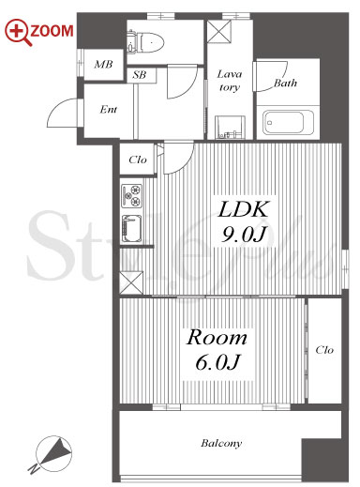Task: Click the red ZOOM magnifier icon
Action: click(18, 32)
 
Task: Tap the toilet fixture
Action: click(146, 42)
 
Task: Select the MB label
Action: click(103, 65)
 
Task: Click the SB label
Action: click(140, 75)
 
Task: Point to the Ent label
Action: click(109, 109)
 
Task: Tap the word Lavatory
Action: click(230, 81)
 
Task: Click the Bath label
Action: click(285, 84)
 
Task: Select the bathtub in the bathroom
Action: click(288, 122)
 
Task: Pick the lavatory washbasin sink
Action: click(230, 128)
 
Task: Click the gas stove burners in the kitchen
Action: click(131, 196)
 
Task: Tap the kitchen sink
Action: click(131, 229)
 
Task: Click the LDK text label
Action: click(244, 209)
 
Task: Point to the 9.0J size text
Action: click(244, 234)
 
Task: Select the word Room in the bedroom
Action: click(217, 338)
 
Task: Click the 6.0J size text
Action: click(217, 362)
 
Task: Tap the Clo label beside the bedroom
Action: click(324, 350)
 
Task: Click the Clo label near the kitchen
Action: click(138, 160)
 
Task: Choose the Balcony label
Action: click(221, 443)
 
